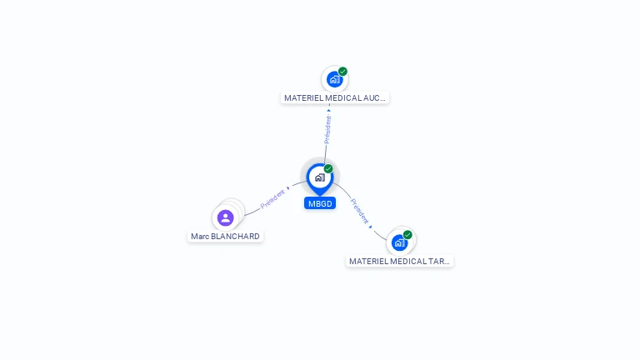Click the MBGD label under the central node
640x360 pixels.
(320, 203)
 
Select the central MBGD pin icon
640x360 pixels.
(319, 177)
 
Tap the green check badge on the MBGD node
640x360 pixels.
(328, 169)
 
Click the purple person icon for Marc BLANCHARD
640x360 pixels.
(225, 217)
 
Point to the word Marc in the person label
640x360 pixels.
(200, 237)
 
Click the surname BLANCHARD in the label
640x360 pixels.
(235, 237)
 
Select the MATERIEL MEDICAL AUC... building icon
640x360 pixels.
(334, 80)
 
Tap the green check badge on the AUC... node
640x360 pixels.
(342, 72)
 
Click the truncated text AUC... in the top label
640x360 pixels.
(375, 98)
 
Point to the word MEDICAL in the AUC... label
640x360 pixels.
(344, 98)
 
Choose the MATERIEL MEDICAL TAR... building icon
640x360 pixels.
(399, 243)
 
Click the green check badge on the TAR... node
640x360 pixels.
(407, 235)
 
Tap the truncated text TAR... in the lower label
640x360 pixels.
(439, 262)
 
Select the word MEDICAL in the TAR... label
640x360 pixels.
(409, 262)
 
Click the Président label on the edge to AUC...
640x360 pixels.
(328, 129)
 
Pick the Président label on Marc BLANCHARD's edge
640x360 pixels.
(272, 198)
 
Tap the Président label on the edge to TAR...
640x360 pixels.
(360, 211)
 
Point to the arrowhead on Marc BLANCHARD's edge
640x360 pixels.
(288, 188)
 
